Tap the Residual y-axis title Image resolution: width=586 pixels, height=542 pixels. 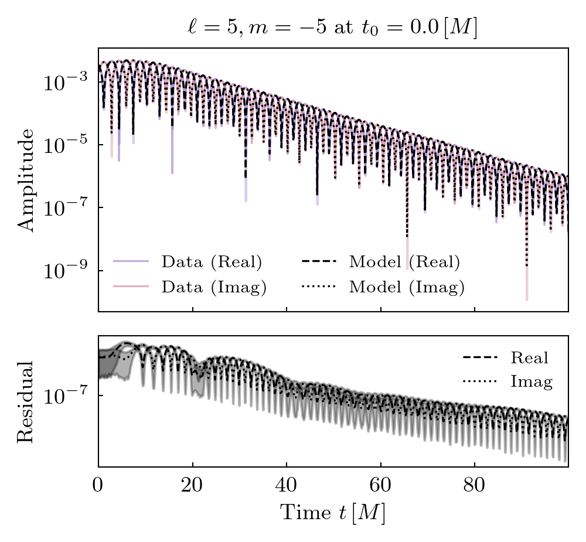[x=26, y=401]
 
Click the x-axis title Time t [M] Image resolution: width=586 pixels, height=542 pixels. [x=333, y=513]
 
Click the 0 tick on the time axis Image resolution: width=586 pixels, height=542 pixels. [x=98, y=486]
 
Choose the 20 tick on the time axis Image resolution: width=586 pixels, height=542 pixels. [x=192, y=486]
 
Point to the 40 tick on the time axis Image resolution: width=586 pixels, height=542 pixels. [x=287, y=486]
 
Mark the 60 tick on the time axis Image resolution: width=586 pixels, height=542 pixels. [x=380, y=486]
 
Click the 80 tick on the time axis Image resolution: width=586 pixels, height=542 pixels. [x=475, y=486]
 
